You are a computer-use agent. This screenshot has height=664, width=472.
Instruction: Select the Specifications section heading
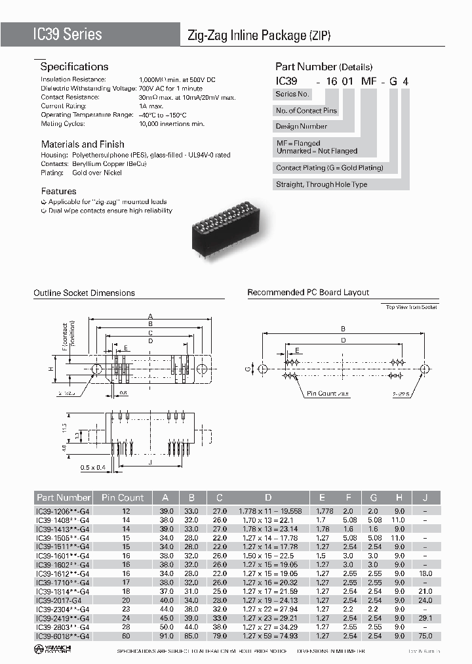pyautogui.click(x=74, y=66)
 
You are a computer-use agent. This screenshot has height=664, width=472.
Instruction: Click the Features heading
pyautogui.click(x=58, y=191)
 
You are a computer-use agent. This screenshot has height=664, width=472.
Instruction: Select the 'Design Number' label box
pyautogui.click(x=302, y=127)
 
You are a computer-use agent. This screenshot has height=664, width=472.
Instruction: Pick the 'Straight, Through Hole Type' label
pyautogui.click(x=321, y=184)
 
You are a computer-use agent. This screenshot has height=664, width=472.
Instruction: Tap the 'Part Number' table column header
pyautogui.click(x=64, y=497)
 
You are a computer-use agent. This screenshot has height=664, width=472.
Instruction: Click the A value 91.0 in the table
pyautogui.click(x=167, y=636)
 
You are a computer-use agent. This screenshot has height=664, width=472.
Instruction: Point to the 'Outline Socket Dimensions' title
pyautogui.click(x=84, y=293)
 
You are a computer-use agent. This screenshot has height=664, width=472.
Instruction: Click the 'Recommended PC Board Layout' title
pyautogui.click(x=308, y=293)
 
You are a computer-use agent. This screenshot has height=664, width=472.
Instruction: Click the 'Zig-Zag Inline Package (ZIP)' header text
pyautogui.click(x=260, y=36)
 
